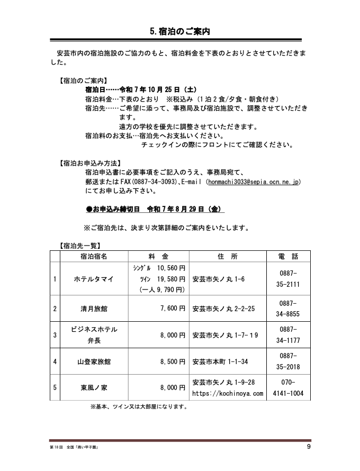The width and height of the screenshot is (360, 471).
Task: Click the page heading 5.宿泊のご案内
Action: coord(180,31)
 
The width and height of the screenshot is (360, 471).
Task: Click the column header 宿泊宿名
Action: coord(93,256)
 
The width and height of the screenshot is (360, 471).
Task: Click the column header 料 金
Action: coord(157,256)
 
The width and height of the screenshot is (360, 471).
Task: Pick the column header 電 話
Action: coord(288,256)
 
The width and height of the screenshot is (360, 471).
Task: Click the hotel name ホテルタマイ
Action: coord(93,278)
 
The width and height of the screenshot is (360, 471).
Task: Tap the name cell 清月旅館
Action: coord(93,308)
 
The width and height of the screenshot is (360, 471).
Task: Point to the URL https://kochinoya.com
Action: coord(227,394)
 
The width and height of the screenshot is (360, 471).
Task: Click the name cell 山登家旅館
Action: coord(93,362)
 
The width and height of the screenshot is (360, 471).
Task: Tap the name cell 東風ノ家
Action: coord(93,388)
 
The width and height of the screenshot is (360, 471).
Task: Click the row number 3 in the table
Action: coord(55,335)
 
